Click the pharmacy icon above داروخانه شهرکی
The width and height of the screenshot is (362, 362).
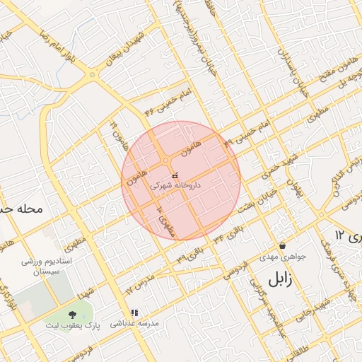coord(175,175)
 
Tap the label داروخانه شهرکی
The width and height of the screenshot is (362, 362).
coord(175,185)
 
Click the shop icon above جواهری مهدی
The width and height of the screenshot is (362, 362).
coord(283,245)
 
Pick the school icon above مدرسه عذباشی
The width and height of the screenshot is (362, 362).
coord(134,313)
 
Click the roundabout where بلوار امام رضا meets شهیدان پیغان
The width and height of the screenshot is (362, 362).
coord(92,75)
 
